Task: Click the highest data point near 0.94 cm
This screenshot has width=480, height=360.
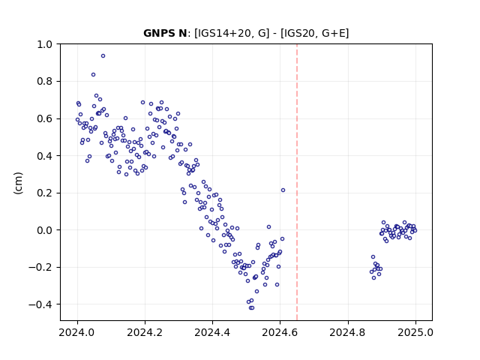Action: point(103,56)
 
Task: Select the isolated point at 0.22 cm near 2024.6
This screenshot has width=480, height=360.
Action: point(283,190)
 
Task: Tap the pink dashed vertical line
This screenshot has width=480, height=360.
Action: point(297,182)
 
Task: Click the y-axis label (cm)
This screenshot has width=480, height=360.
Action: point(18,183)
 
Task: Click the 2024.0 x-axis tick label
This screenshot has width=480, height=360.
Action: point(77,332)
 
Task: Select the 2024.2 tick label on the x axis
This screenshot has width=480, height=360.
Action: point(145,332)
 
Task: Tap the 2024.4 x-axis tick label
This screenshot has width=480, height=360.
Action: point(212,332)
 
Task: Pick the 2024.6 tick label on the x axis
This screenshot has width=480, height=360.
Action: point(280,332)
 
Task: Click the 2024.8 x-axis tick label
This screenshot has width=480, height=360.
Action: point(348,332)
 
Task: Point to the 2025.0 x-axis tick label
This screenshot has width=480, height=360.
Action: point(415,332)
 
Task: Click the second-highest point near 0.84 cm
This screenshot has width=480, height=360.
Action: point(93,75)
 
